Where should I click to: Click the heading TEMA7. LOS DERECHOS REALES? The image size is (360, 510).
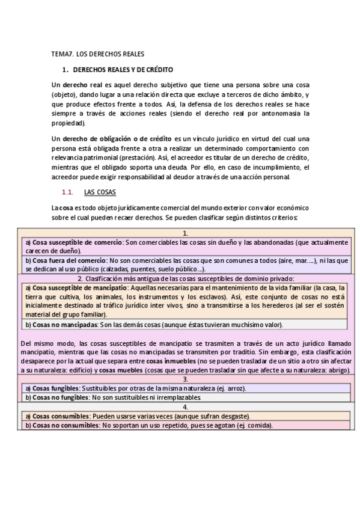(x=97, y=54)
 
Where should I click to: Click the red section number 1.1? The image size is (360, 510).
(x=67, y=192)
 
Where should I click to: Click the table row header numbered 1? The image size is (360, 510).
(x=186, y=233)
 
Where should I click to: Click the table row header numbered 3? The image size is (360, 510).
(x=186, y=379)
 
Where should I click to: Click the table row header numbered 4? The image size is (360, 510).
(x=186, y=407)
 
